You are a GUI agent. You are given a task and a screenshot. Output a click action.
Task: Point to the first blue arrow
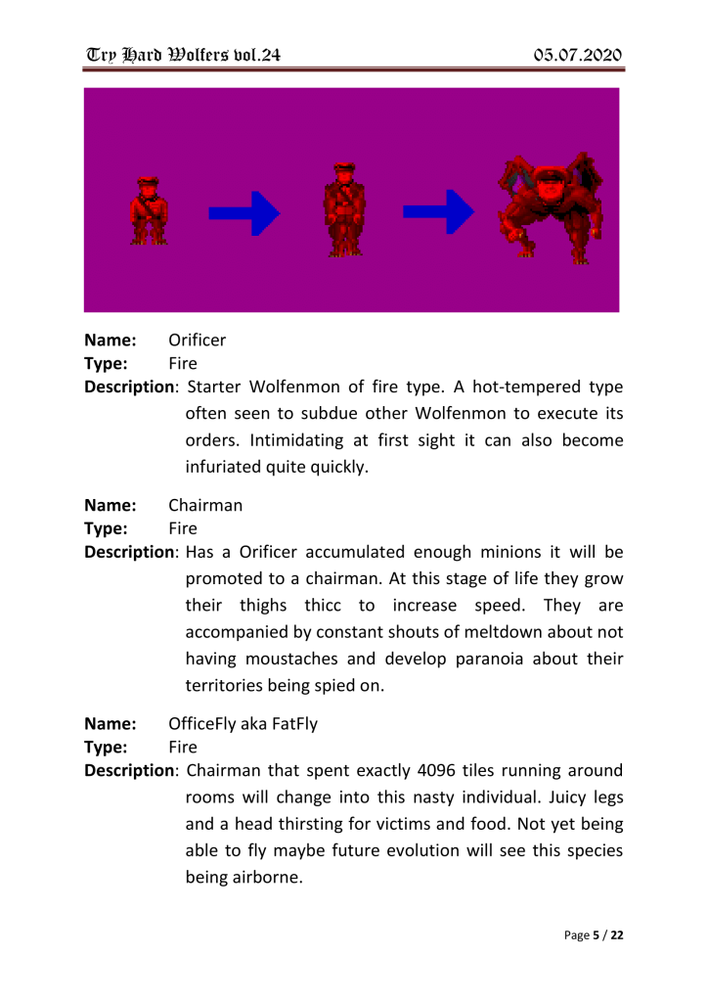point(244,212)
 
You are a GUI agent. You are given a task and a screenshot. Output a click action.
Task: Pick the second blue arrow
point(439,212)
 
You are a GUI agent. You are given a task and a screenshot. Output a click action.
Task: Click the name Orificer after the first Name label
point(197,341)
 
